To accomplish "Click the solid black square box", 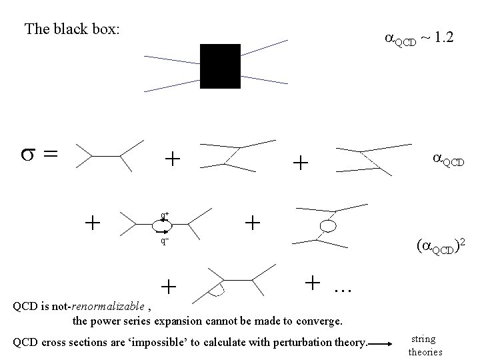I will tap(220, 67).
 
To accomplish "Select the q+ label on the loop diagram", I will tap(164, 215).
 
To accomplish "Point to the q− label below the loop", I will tap(163, 241).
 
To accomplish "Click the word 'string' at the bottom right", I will tap(424, 339).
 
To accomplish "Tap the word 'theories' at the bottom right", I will tap(425, 351).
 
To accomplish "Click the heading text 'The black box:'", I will tap(71, 29).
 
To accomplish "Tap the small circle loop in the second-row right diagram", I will tap(328, 228).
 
